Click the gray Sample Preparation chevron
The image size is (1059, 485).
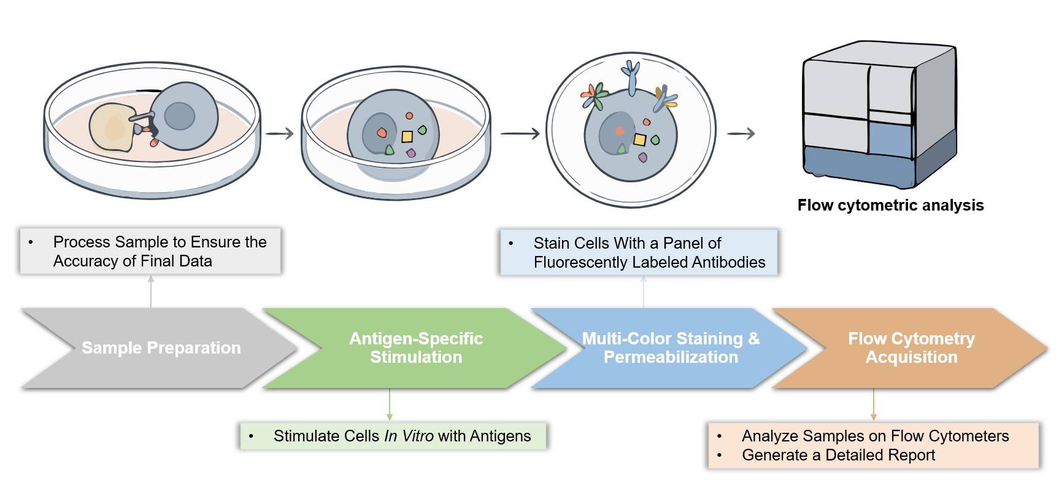click(x=161, y=348)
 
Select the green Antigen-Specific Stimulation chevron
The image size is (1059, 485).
click(x=415, y=348)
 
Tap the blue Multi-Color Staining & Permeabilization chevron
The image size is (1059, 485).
click(x=670, y=348)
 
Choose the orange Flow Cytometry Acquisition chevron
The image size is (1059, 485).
click(x=911, y=348)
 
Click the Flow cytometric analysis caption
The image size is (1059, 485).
click(x=890, y=206)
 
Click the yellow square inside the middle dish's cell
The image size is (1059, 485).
click(x=407, y=136)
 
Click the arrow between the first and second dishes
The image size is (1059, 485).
click(x=280, y=133)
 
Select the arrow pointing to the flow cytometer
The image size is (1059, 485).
click(x=741, y=133)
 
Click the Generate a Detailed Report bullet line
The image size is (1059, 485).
click(x=838, y=456)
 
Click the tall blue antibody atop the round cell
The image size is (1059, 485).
click(x=631, y=76)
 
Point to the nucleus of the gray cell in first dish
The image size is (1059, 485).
click(x=180, y=115)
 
